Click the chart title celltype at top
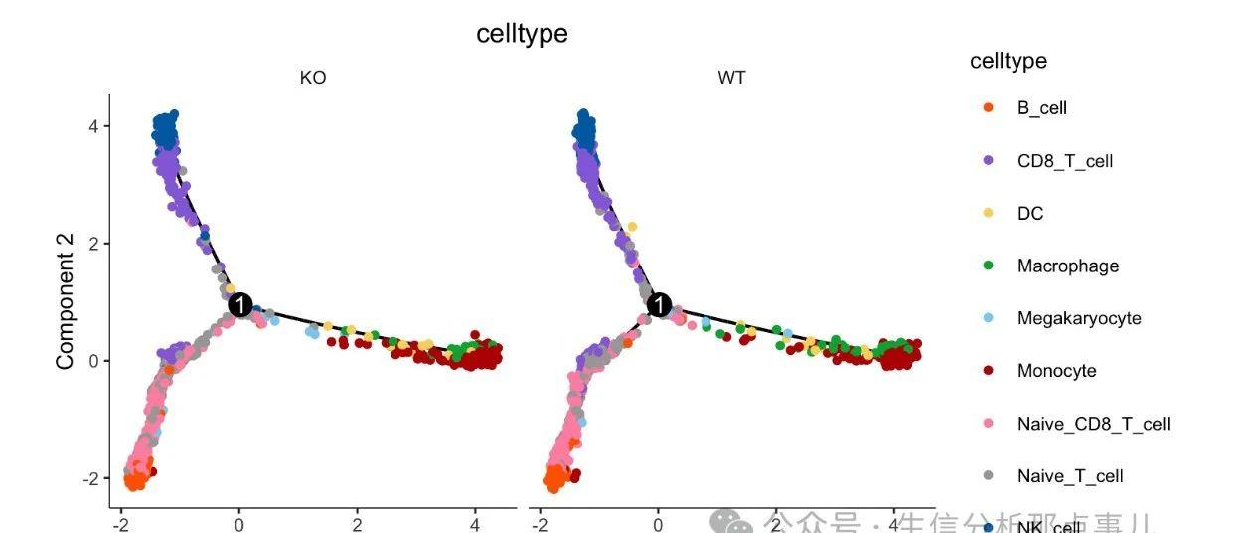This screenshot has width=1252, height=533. pyautogui.click(x=522, y=33)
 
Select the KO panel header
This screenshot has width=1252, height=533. pyautogui.click(x=313, y=78)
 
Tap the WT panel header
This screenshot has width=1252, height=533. pyautogui.click(x=731, y=78)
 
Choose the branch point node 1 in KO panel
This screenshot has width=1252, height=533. pyautogui.click(x=239, y=305)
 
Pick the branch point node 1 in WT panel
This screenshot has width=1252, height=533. pyautogui.click(x=659, y=305)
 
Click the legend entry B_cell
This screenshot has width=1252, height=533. pyautogui.click(x=1041, y=108)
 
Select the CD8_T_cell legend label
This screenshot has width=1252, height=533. pyautogui.click(x=1064, y=161)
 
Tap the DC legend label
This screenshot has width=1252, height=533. pyautogui.click(x=1030, y=214)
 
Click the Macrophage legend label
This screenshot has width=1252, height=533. pyautogui.click(x=1067, y=266)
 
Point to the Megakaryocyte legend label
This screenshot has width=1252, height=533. pyautogui.click(x=1078, y=319)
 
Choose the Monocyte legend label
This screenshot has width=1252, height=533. pyautogui.click(x=1056, y=371)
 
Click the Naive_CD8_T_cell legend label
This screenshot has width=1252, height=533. pyautogui.click(x=1093, y=424)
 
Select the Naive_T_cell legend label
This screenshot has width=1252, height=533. pyautogui.click(x=1069, y=476)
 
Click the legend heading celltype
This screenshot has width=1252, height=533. pyautogui.click(x=1008, y=62)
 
